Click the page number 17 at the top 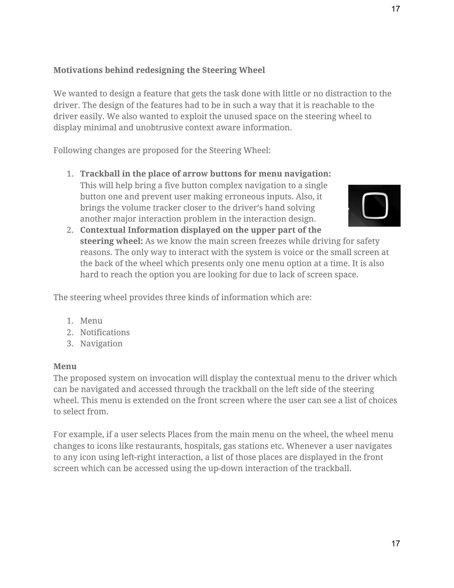pyautogui.click(x=395, y=9)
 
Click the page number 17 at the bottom pyautogui.click(x=395, y=543)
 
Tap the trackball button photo pyautogui.click(x=374, y=205)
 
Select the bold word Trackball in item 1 pyautogui.click(x=100, y=174)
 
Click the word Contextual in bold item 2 pyautogui.click(x=102, y=230)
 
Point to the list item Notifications pyautogui.click(x=105, y=332)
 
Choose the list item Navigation pyautogui.click(x=101, y=343)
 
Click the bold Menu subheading pyautogui.click(x=65, y=366)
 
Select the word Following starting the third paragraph pyautogui.click(x=72, y=150)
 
